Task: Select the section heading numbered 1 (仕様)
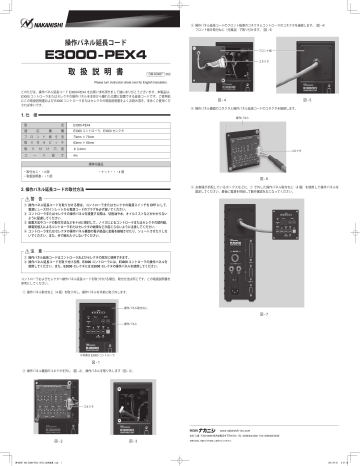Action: coord(20,118)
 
